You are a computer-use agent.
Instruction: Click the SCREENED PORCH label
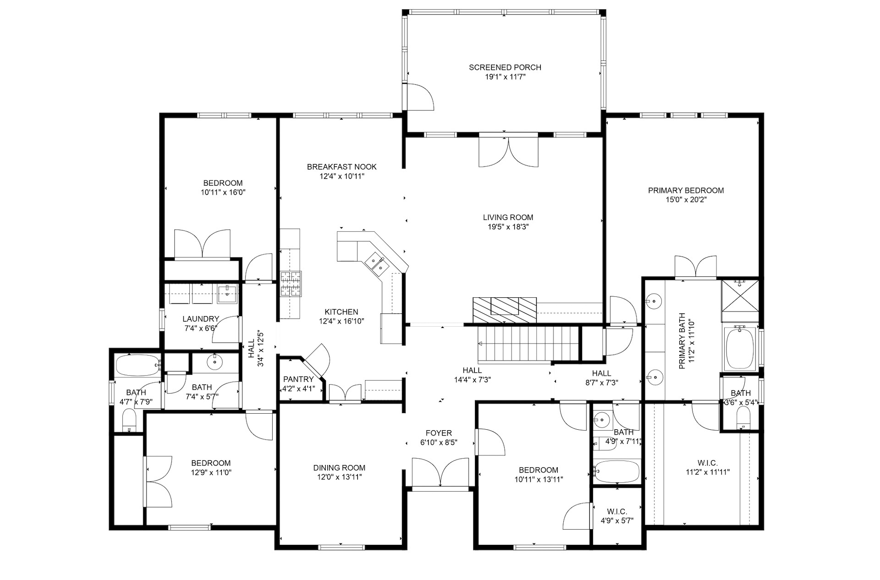pos(505,67)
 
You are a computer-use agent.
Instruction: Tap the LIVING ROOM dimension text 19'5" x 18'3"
pos(508,227)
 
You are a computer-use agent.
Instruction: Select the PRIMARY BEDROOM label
pos(686,190)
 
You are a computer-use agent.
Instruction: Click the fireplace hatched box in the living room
pos(505,311)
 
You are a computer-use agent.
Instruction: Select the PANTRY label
pos(298,379)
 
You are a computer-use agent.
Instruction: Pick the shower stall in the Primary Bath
pos(740,294)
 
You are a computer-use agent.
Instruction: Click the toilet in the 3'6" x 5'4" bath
pos(742,418)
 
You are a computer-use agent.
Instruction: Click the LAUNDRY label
pos(201,319)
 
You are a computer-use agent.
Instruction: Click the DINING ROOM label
pos(340,468)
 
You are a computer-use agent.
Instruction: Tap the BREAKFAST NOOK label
pos(342,167)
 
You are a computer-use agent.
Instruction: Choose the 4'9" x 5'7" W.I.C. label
pos(617,511)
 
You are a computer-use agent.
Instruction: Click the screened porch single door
pos(418,97)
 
